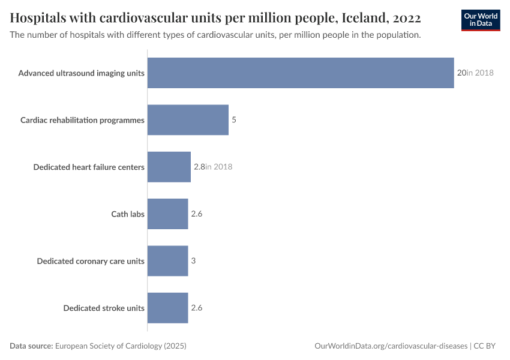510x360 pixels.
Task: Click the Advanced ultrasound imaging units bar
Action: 300,73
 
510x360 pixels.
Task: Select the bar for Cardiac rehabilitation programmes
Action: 188,120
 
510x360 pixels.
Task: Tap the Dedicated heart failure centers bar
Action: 169,167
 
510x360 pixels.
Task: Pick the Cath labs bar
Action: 167,214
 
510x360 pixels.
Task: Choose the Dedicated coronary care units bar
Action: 167,261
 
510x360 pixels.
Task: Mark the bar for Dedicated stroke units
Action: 167,308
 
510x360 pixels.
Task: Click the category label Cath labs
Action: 128,214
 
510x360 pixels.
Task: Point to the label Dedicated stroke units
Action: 104,308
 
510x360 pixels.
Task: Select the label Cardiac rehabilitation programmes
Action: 82,120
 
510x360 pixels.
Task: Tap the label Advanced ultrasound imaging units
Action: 81,73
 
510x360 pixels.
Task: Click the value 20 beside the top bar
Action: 461,73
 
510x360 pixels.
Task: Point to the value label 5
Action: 234,120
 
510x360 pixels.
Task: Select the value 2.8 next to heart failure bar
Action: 199,167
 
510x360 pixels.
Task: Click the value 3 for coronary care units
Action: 194,261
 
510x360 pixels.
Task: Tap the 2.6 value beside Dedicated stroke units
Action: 197,308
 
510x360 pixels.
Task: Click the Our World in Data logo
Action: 481,20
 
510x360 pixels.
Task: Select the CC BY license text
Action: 487,346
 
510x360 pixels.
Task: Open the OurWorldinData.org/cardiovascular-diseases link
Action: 391,346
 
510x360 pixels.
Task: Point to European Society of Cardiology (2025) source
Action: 121,346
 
